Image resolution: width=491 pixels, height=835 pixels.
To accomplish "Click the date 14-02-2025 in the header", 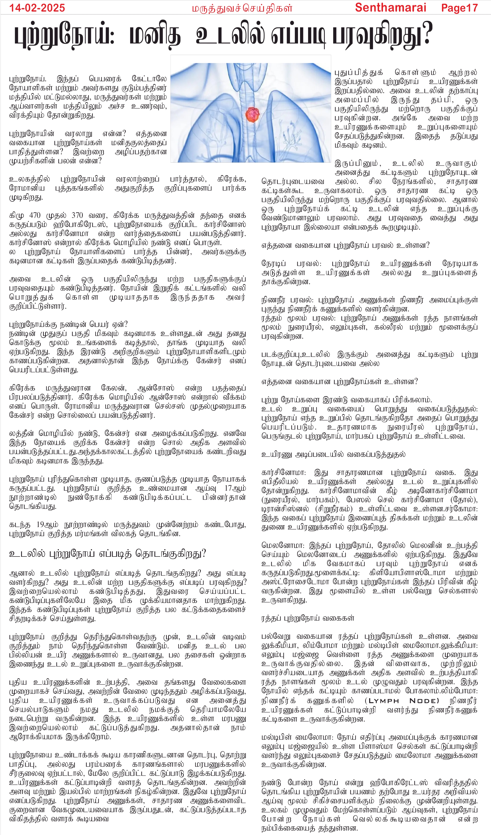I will (x=37, y=8).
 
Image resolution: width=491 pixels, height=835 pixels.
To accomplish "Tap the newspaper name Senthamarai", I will (x=390, y=8).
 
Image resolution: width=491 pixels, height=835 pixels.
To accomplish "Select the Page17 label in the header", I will (x=459, y=8).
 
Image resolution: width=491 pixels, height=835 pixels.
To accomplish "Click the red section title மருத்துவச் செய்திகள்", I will (x=242, y=8).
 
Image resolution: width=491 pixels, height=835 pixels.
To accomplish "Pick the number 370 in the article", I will (x=77, y=215).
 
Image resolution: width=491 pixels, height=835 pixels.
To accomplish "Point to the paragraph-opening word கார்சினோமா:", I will (x=284, y=473).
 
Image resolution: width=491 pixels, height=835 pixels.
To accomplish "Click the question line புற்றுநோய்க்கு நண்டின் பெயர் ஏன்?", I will (x=68, y=324).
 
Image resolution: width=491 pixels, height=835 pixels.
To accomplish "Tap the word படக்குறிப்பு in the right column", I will (x=281, y=355).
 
